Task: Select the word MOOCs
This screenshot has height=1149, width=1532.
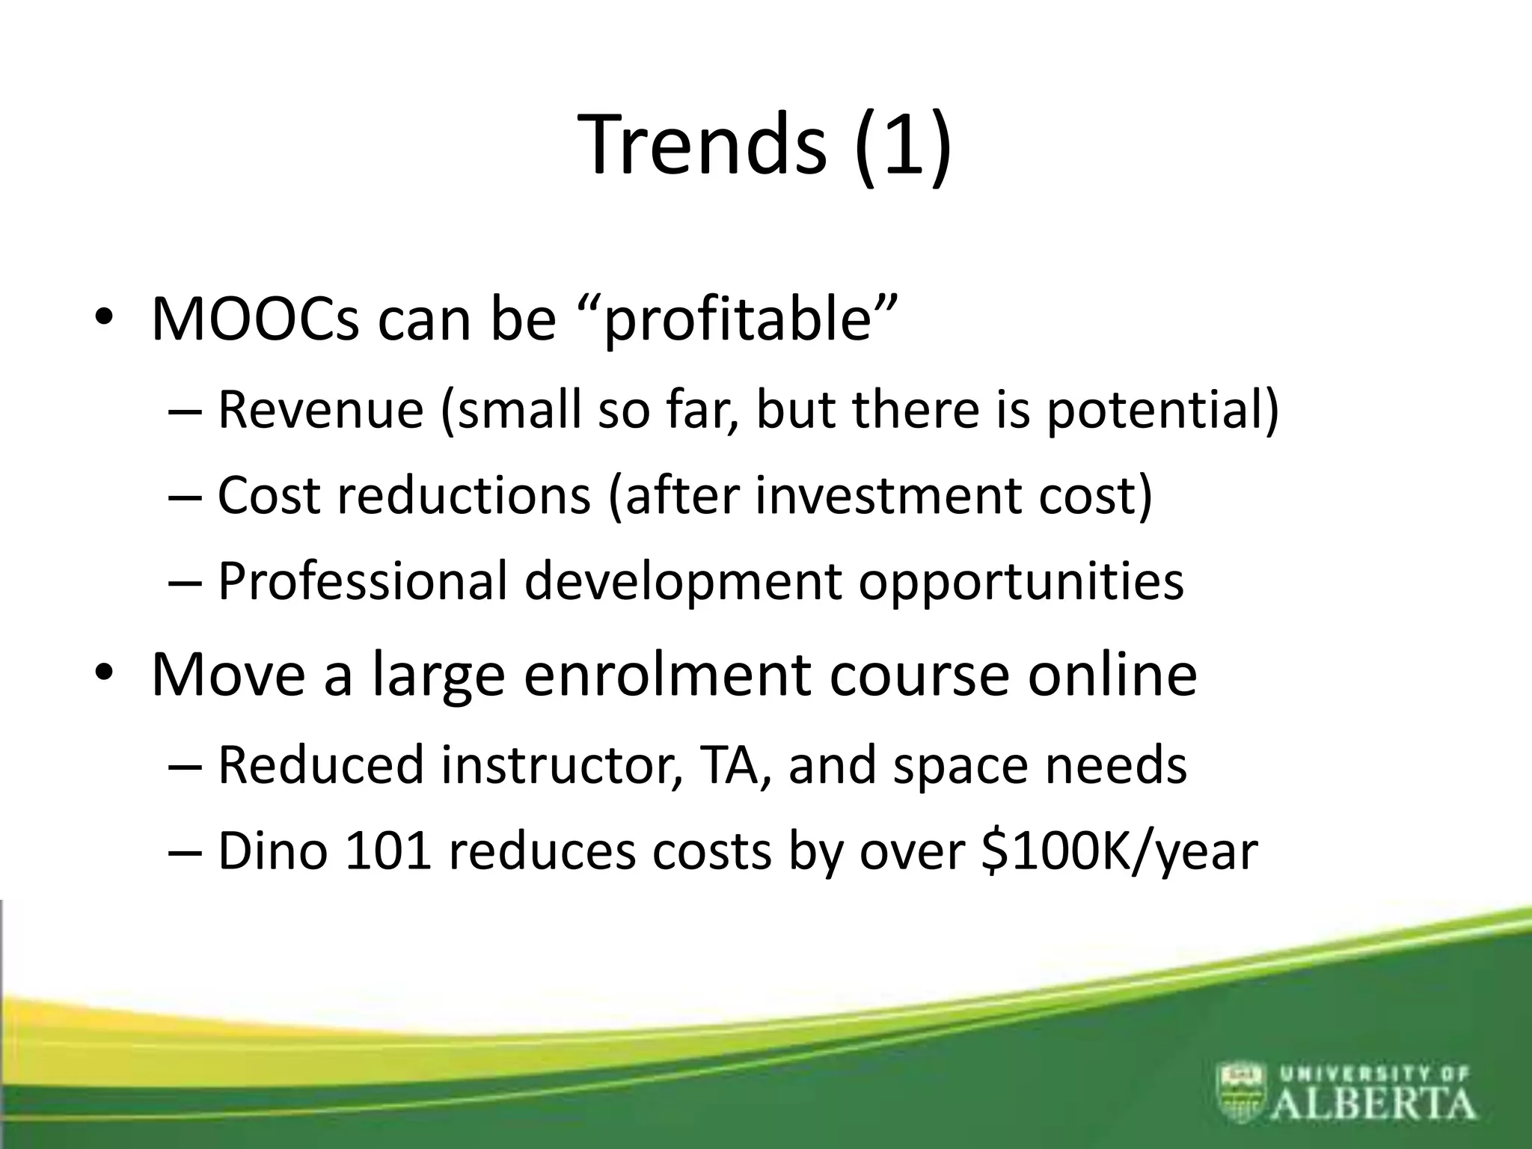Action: [255, 319]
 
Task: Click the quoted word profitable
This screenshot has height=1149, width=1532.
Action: [738, 322]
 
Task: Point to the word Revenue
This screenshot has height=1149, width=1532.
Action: [320, 410]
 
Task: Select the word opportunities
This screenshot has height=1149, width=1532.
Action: [1021, 583]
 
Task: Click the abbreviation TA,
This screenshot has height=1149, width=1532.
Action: [737, 765]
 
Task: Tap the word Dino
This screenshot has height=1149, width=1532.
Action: [272, 851]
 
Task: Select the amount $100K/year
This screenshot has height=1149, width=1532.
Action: [1119, 853]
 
